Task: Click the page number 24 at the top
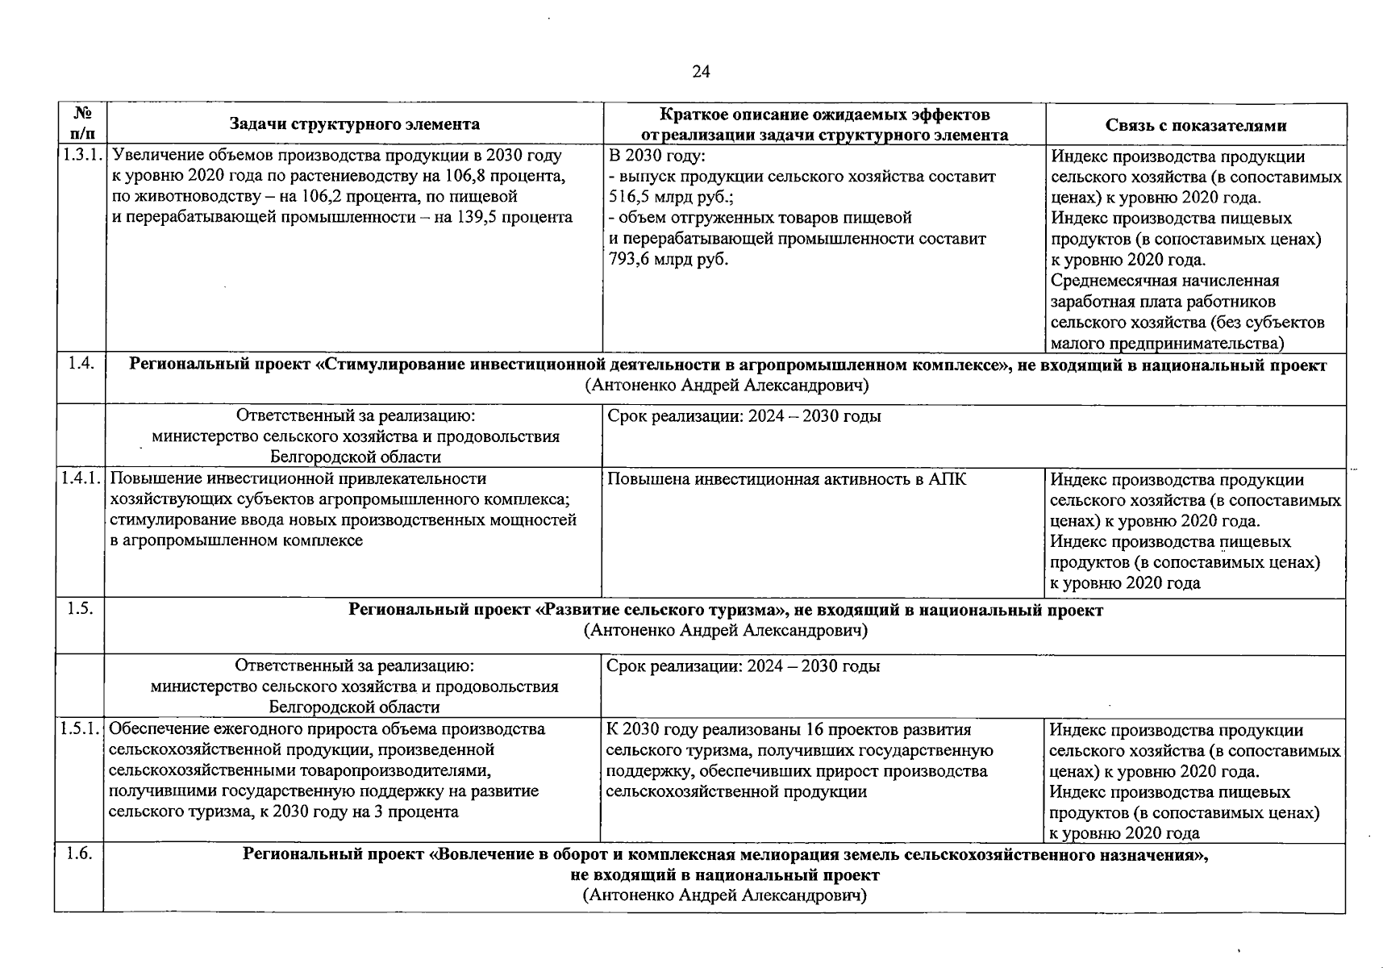coord(701,72)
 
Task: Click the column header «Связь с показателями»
coord(1195,125)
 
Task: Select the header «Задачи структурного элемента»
coord(354,124)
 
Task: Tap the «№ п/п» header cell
coord(81,124)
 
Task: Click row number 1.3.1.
coord(81,155)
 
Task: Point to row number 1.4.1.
coord(81,478)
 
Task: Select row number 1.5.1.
coord(81,729)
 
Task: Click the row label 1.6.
coord(79,854)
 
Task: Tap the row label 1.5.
coord(79,609)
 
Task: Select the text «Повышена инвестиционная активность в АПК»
coord(786,479)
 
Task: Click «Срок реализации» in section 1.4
coord(675,416)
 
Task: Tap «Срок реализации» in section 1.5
coord(675,666)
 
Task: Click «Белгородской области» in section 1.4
coord(356,457)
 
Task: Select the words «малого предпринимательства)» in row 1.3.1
coord(1167,344)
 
